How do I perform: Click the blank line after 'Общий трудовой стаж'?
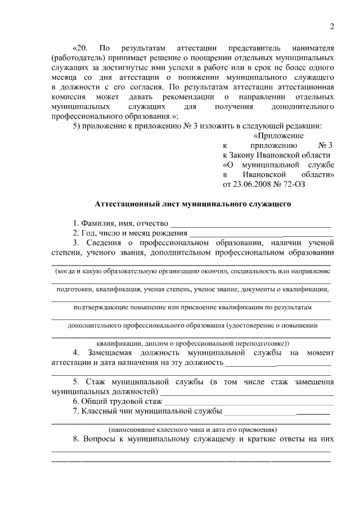click(247, 402)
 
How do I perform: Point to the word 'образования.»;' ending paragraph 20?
click(148, 115)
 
